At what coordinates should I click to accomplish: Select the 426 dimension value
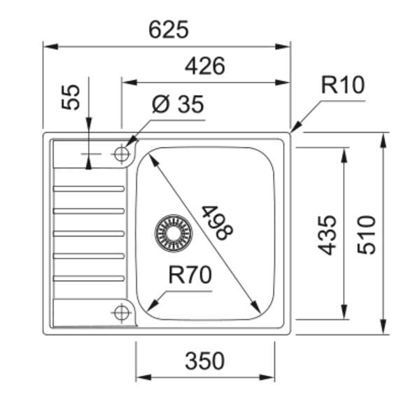[204, 66]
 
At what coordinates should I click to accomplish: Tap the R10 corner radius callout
[343, 85]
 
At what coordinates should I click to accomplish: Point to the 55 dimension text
[71, 96]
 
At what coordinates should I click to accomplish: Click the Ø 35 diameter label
[178, 105]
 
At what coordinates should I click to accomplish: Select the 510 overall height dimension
[365, 234]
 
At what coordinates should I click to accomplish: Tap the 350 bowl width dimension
[204, 361]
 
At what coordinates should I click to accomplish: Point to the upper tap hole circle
[122, 153]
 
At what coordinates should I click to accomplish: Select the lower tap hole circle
[122, 312]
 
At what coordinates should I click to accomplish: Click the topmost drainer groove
[89, 188]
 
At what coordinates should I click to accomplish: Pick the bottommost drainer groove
[89, 278]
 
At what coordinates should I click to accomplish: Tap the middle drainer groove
[89, 233]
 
